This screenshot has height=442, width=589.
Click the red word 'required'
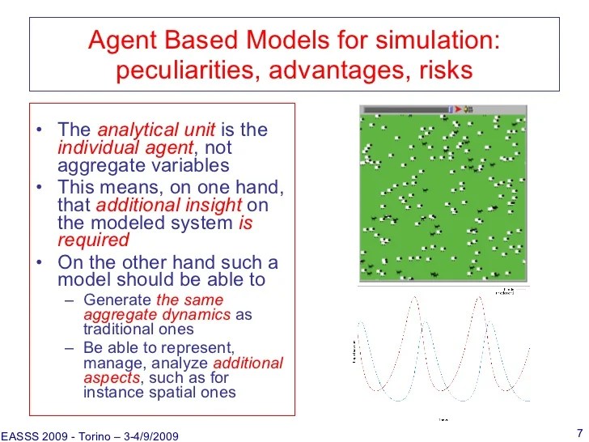click(93, 240)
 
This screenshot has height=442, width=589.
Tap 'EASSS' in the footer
click(21, 436)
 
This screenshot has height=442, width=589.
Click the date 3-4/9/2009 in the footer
click(150, 436)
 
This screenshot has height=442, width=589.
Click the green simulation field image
click(443, 197)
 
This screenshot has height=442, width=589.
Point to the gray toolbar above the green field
click(405, 108)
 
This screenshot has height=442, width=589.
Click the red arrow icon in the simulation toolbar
click(458, 108)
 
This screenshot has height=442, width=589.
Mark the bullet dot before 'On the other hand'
click(40, 264)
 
